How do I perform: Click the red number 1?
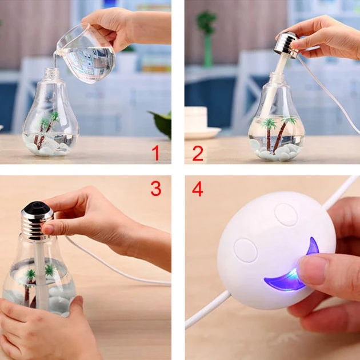pyautogui.click(x=156, y=153)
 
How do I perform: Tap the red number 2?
pyautogui.click(x=198, y=153)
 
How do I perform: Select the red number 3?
pyautogui.click(x=156, y=188)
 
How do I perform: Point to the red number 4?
pyautogui.click(x=198, y=189)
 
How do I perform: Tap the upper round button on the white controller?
pyautogui.click(x=286, y=214)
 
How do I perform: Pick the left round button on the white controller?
pyautogui.click(x=246, y=250)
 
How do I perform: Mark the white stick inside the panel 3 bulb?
pyautogui.click(x=41, y=275)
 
